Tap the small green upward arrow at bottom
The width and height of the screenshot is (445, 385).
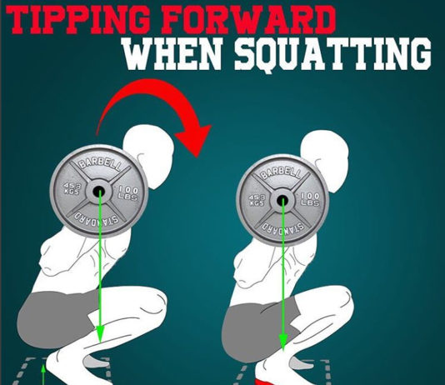pos(42,377)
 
